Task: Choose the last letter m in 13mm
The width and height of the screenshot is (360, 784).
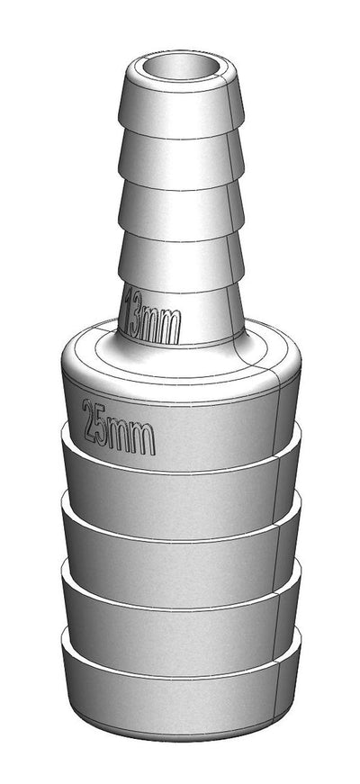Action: tap(171, 325)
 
